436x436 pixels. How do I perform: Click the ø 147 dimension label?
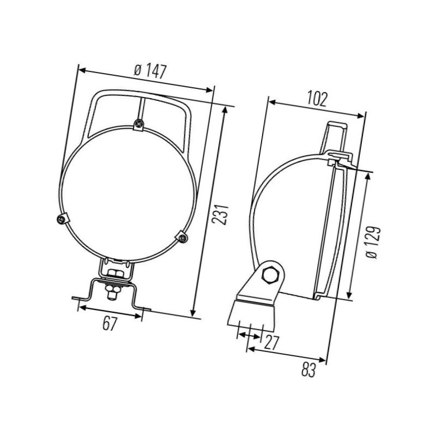150,71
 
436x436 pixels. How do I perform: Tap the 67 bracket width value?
108,323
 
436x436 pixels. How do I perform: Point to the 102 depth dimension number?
317,99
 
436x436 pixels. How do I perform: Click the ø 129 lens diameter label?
373,243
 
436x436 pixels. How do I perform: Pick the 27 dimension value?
271,342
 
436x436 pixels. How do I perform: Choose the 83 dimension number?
308,370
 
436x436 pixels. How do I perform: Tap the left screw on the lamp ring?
62,220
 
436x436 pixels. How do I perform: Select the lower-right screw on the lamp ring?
182,237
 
